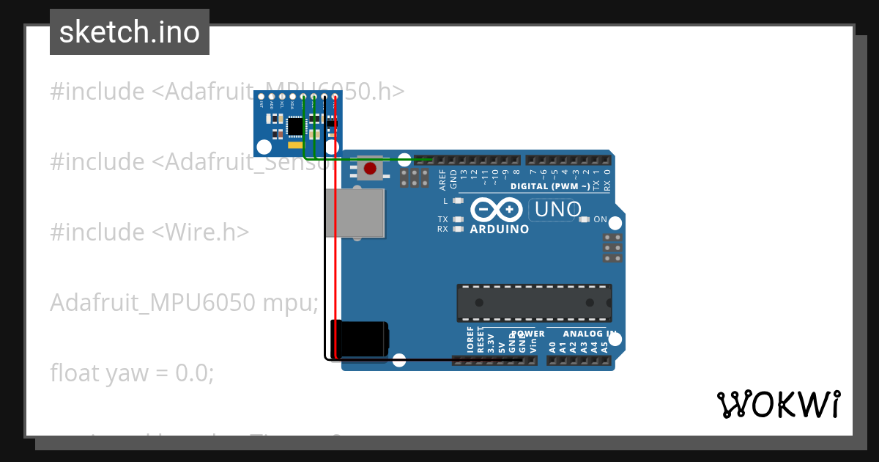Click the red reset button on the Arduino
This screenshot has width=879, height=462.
[x=371, y=169]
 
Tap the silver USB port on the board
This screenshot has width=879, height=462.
[x=355, y=213]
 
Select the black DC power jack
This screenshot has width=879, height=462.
[x=360, y=339]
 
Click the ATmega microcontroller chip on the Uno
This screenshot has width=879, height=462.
[x=534, y=302]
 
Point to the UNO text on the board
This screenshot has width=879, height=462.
[x=558, y=210]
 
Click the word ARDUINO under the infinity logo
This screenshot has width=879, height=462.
[x=499, y=230]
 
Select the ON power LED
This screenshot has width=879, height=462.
[x=585, y=219]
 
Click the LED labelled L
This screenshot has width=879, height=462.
[x=459, y=200]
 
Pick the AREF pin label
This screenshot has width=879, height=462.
[x=442, y=179]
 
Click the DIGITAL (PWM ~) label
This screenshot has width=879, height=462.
[x=550, y=187]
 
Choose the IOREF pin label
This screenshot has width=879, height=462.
[x=470, y=342]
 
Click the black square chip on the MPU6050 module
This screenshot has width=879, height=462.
[x=295, y=127]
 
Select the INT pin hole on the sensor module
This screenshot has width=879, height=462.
[x=262, y=97]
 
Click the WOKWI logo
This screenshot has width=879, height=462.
[x=778, y=404]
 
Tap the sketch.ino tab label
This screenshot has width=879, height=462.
[x=130, y=32]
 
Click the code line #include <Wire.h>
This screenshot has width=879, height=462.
[x=149, y=232]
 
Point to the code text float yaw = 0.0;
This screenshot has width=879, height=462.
[x=132, y=373]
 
